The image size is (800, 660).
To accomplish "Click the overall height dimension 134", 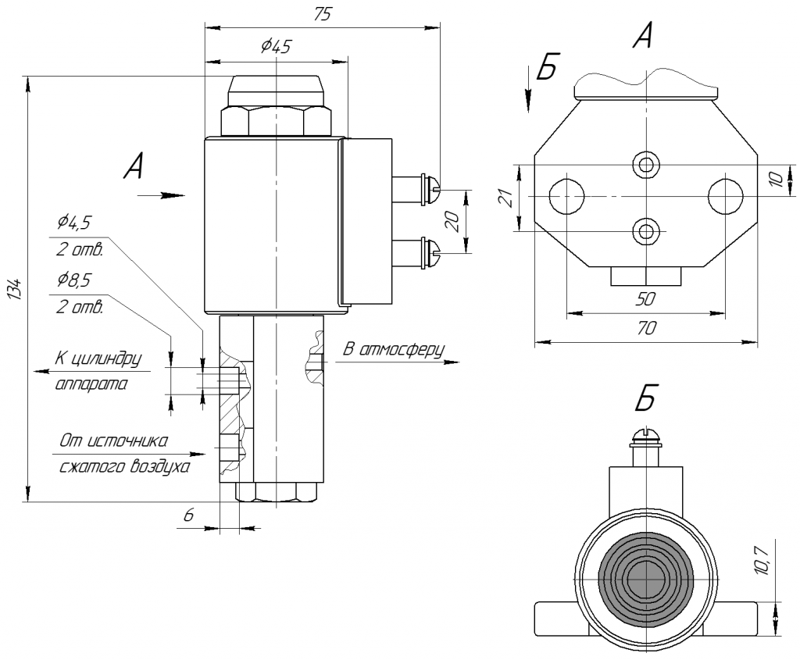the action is [x=17, y=289].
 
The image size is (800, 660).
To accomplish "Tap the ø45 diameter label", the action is [x=275, y=47].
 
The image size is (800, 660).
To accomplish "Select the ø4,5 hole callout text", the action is [x=74, y=223].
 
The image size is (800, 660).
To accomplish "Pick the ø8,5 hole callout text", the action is [x=74, y=280].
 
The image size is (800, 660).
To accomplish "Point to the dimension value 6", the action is [x=189, y=516].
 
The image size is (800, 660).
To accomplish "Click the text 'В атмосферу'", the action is [x=394, y=350].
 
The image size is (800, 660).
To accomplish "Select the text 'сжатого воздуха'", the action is [x=124, y=467].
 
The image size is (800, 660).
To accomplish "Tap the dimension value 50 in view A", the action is [x=645, y=299].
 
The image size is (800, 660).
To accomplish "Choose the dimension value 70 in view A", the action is [x=646, y=328].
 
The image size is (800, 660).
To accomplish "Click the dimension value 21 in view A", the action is [x=505, y=198].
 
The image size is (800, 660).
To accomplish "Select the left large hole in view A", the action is [x=566, y=196].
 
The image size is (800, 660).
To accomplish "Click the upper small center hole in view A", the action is [x=646, y=164].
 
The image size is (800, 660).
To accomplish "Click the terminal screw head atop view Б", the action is [x=646, y=436].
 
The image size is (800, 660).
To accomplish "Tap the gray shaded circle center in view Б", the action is [x=646, y=580].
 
